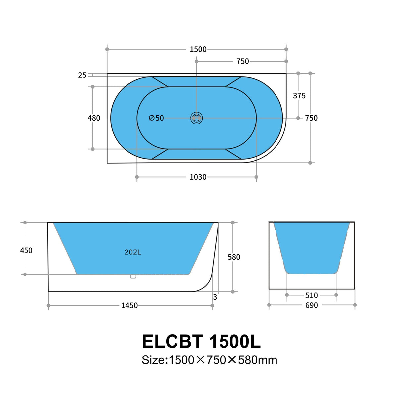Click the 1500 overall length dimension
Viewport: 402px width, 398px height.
198,49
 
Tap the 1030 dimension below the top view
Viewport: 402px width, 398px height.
198,177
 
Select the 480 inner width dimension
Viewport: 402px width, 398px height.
94,118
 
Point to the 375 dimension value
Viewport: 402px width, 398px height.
299,96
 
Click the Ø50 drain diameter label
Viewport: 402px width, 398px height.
156,118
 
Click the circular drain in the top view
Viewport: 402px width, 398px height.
197,118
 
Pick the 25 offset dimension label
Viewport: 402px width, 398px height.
82,75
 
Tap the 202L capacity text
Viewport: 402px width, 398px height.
133,252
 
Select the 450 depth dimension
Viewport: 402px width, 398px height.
26,250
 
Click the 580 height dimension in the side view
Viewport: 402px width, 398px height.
234,257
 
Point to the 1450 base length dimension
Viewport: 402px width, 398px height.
129,305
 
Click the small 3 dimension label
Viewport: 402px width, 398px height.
215,297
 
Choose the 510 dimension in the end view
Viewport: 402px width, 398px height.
311,295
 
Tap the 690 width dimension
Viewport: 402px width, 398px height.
311,305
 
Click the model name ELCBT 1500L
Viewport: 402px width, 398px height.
201,341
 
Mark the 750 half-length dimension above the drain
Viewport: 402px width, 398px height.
242,61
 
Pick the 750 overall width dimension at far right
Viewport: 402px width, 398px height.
311,118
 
